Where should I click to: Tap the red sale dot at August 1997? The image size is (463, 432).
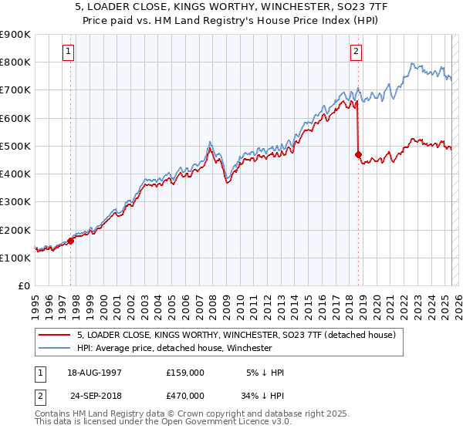point(70,241)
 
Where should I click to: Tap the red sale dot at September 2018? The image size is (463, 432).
point(359,154)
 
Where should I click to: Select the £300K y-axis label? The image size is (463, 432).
point(15,202)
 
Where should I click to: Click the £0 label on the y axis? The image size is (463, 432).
point(23,286)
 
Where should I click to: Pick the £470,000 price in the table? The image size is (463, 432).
point(185,395)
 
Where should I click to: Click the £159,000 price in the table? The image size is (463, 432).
point(185,373)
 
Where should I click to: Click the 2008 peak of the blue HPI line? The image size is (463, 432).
point(210,142)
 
